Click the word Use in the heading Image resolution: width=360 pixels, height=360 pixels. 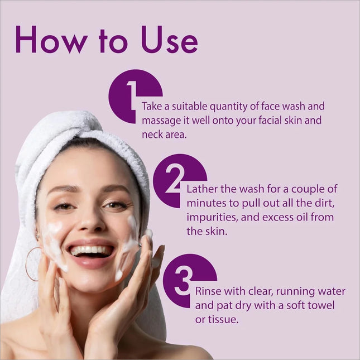[170, 40]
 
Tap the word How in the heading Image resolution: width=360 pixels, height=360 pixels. [52, 40]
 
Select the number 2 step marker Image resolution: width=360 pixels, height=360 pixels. [175, 179]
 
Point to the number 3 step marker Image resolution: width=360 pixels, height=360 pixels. [183, 282]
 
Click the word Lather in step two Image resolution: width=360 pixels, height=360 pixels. [202, 189]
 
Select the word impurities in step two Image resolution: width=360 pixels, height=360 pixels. [212, 218]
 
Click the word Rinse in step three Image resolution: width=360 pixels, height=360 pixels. [209, 291]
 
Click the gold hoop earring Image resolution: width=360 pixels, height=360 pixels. [32, 264]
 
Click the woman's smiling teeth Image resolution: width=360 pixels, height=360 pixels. [91, 251]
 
